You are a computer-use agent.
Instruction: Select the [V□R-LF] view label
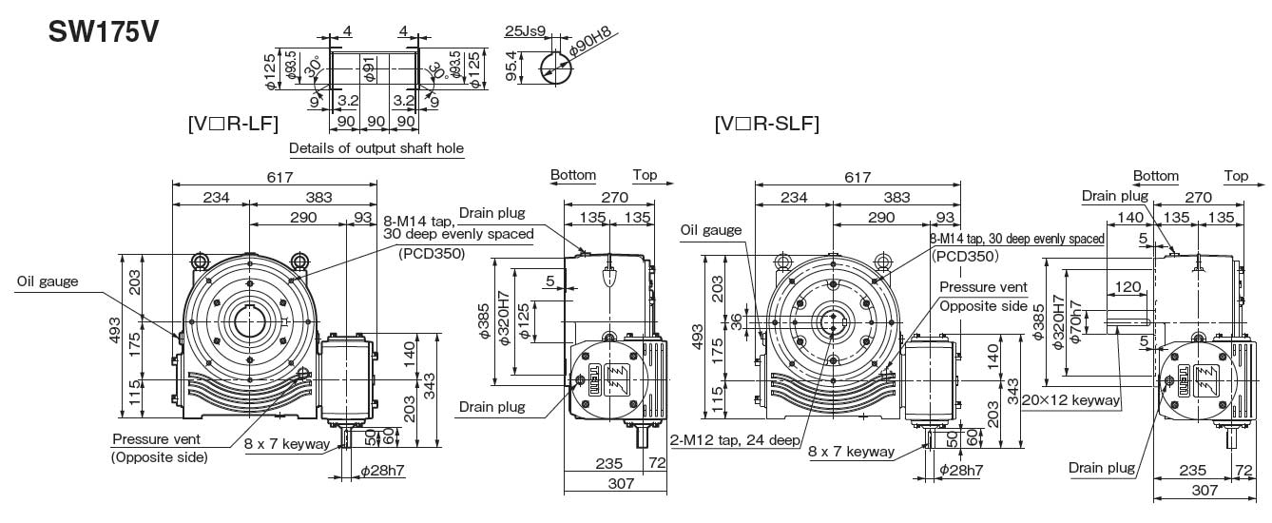[232, 123]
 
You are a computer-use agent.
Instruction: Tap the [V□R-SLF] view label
[766, 123]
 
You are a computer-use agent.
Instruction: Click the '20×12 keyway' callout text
[1071, 400]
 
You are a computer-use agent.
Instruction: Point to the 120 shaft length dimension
[1127, 286]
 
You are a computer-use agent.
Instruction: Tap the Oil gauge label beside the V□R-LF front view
[47, 281]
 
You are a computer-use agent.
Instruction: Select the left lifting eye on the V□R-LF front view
[201, 260]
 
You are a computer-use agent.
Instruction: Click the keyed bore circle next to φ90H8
[555, 68]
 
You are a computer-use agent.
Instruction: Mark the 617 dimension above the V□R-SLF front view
[858, 178]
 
